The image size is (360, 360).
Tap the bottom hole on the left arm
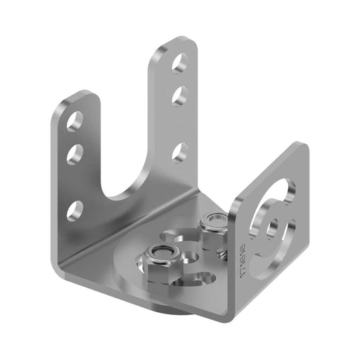(77, 209)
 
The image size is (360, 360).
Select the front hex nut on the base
(162, 259)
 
